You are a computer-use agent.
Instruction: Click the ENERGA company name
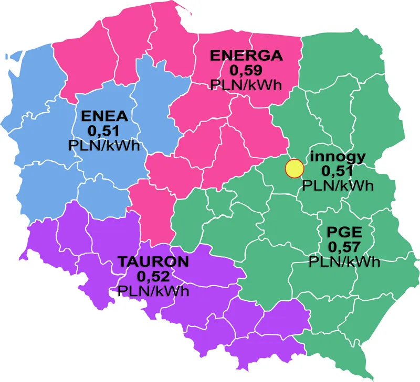click(x=246, y=56)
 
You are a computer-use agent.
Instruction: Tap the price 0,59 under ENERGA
click(x=246, y=70)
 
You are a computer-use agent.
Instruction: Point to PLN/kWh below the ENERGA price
click(x=246, y=84)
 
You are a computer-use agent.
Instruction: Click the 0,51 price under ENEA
click(x=104, y=130)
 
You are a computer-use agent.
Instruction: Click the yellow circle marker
click(x=294, y=169)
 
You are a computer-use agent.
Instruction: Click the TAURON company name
click(x=153, y=261)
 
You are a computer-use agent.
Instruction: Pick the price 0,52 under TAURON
click(x=153, y=276)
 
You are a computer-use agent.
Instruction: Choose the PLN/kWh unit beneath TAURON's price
click(x=153, y=291)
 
